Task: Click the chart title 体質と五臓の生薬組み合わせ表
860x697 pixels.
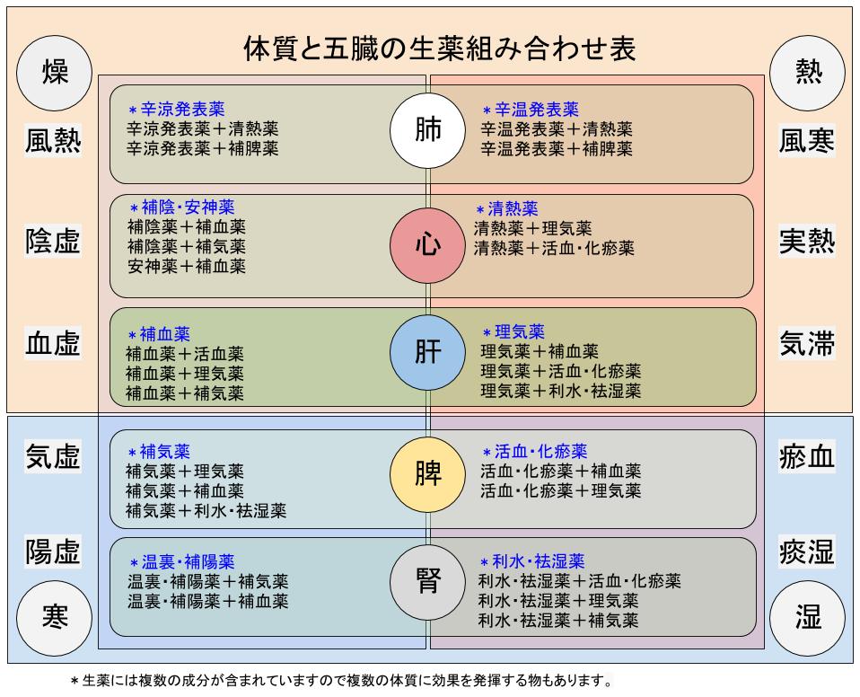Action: point(440,48)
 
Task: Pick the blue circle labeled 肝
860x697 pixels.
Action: point(428,351)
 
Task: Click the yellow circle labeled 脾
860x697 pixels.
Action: point(428,474)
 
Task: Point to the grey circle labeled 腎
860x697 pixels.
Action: point(428,582)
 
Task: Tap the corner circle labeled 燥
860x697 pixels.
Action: point(55,73)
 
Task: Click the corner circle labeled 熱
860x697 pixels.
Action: point(807,73)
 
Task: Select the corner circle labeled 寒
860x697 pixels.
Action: point(55,616)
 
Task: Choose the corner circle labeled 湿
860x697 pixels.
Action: point(807,616)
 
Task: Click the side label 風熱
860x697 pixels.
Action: point(54,141)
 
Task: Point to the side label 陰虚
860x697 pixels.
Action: point(54,241)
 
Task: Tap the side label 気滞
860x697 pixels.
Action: point(807,343)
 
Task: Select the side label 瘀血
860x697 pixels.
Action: point(807,457)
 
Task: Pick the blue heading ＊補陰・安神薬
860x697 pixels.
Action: point(181,207)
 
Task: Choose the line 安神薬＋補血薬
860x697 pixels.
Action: point(186,266)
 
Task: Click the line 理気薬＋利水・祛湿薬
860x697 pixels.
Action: point(560,391)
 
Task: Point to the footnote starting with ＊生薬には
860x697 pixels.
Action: point(341,680)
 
